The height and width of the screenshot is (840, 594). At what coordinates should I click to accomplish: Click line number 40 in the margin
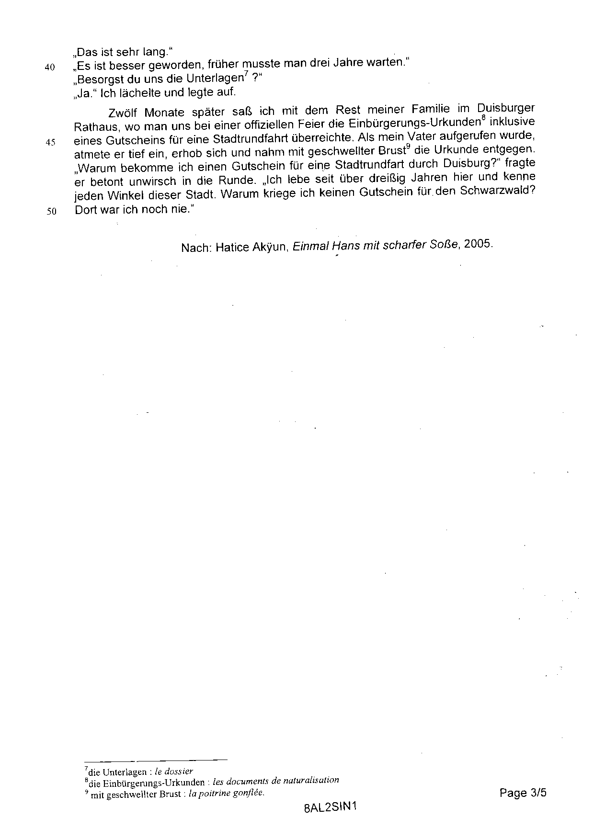click(x=50, y=68)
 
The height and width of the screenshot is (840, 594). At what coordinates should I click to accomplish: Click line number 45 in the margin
click(x=50, y=142)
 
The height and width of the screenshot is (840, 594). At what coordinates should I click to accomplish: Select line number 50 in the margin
click(x=51, y=211)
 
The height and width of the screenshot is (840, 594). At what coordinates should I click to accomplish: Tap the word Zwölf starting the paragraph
click(x=123, y=113)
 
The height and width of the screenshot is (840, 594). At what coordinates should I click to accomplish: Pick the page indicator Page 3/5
click(x=523, y=793)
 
